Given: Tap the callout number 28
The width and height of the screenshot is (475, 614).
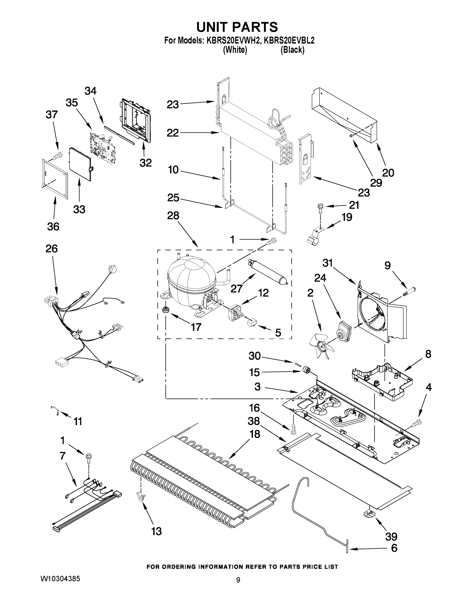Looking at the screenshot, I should (x=173, y=216).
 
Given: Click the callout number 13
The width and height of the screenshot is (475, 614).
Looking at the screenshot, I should (x=156, y=531).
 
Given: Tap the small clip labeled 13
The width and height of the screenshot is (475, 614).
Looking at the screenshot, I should (x=140, y=497).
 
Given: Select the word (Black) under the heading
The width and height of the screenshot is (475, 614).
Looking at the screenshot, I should (x=292, y=50).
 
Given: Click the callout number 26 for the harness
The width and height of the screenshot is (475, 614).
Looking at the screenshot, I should (x=51, y=249).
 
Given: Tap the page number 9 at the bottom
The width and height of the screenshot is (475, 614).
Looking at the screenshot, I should (x=238, y=580).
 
